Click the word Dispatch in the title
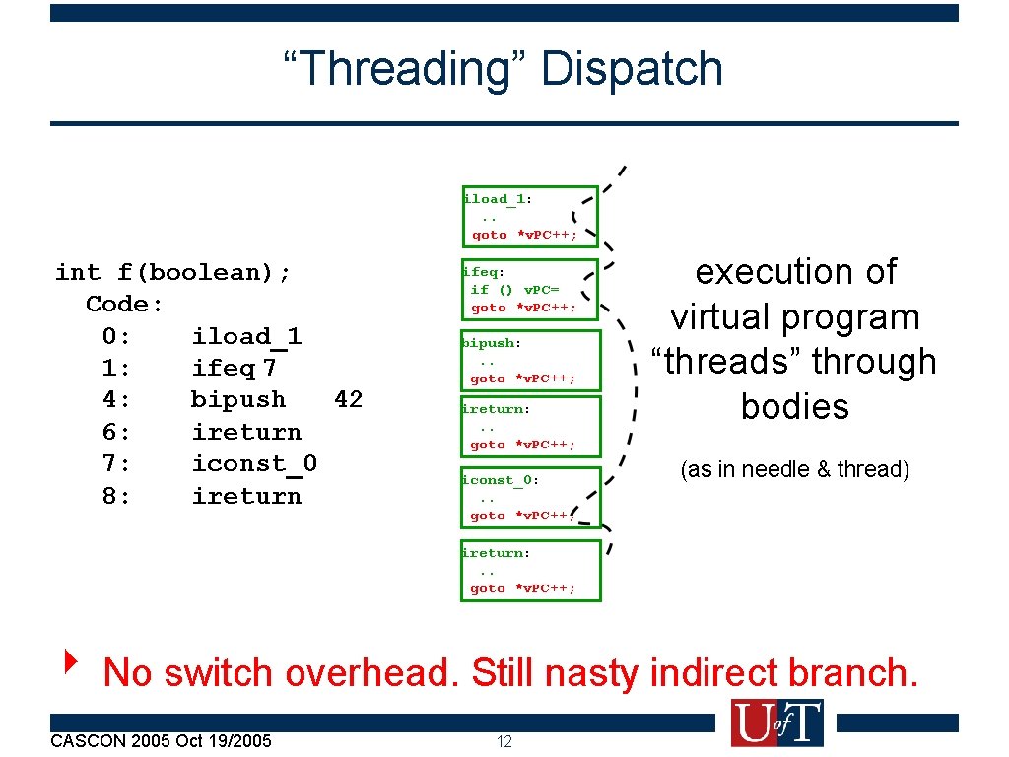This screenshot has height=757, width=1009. (632, 69)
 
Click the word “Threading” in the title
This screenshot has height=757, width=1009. (405, 69)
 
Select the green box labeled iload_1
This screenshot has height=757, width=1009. (530, 216)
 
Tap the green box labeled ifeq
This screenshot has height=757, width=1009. (530, 289)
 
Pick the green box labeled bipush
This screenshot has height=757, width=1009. (530, 361)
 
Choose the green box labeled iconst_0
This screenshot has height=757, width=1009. (530, 498)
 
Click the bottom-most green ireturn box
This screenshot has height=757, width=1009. (530, 570)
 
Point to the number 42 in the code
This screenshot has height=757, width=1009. (348, 399)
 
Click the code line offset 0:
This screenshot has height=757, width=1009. (116, 336)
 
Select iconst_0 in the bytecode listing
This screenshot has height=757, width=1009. (254, 463)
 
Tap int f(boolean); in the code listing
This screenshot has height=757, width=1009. (173, 272)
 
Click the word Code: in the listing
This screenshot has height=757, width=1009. (124, 304)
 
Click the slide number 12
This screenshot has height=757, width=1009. (504, 741)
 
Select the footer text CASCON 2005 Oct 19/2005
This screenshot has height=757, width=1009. (161, 740)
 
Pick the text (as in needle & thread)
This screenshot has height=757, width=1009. (794, 469)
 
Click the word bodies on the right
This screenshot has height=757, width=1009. (794, 406)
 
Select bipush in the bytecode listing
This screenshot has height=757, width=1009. (238, 399)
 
